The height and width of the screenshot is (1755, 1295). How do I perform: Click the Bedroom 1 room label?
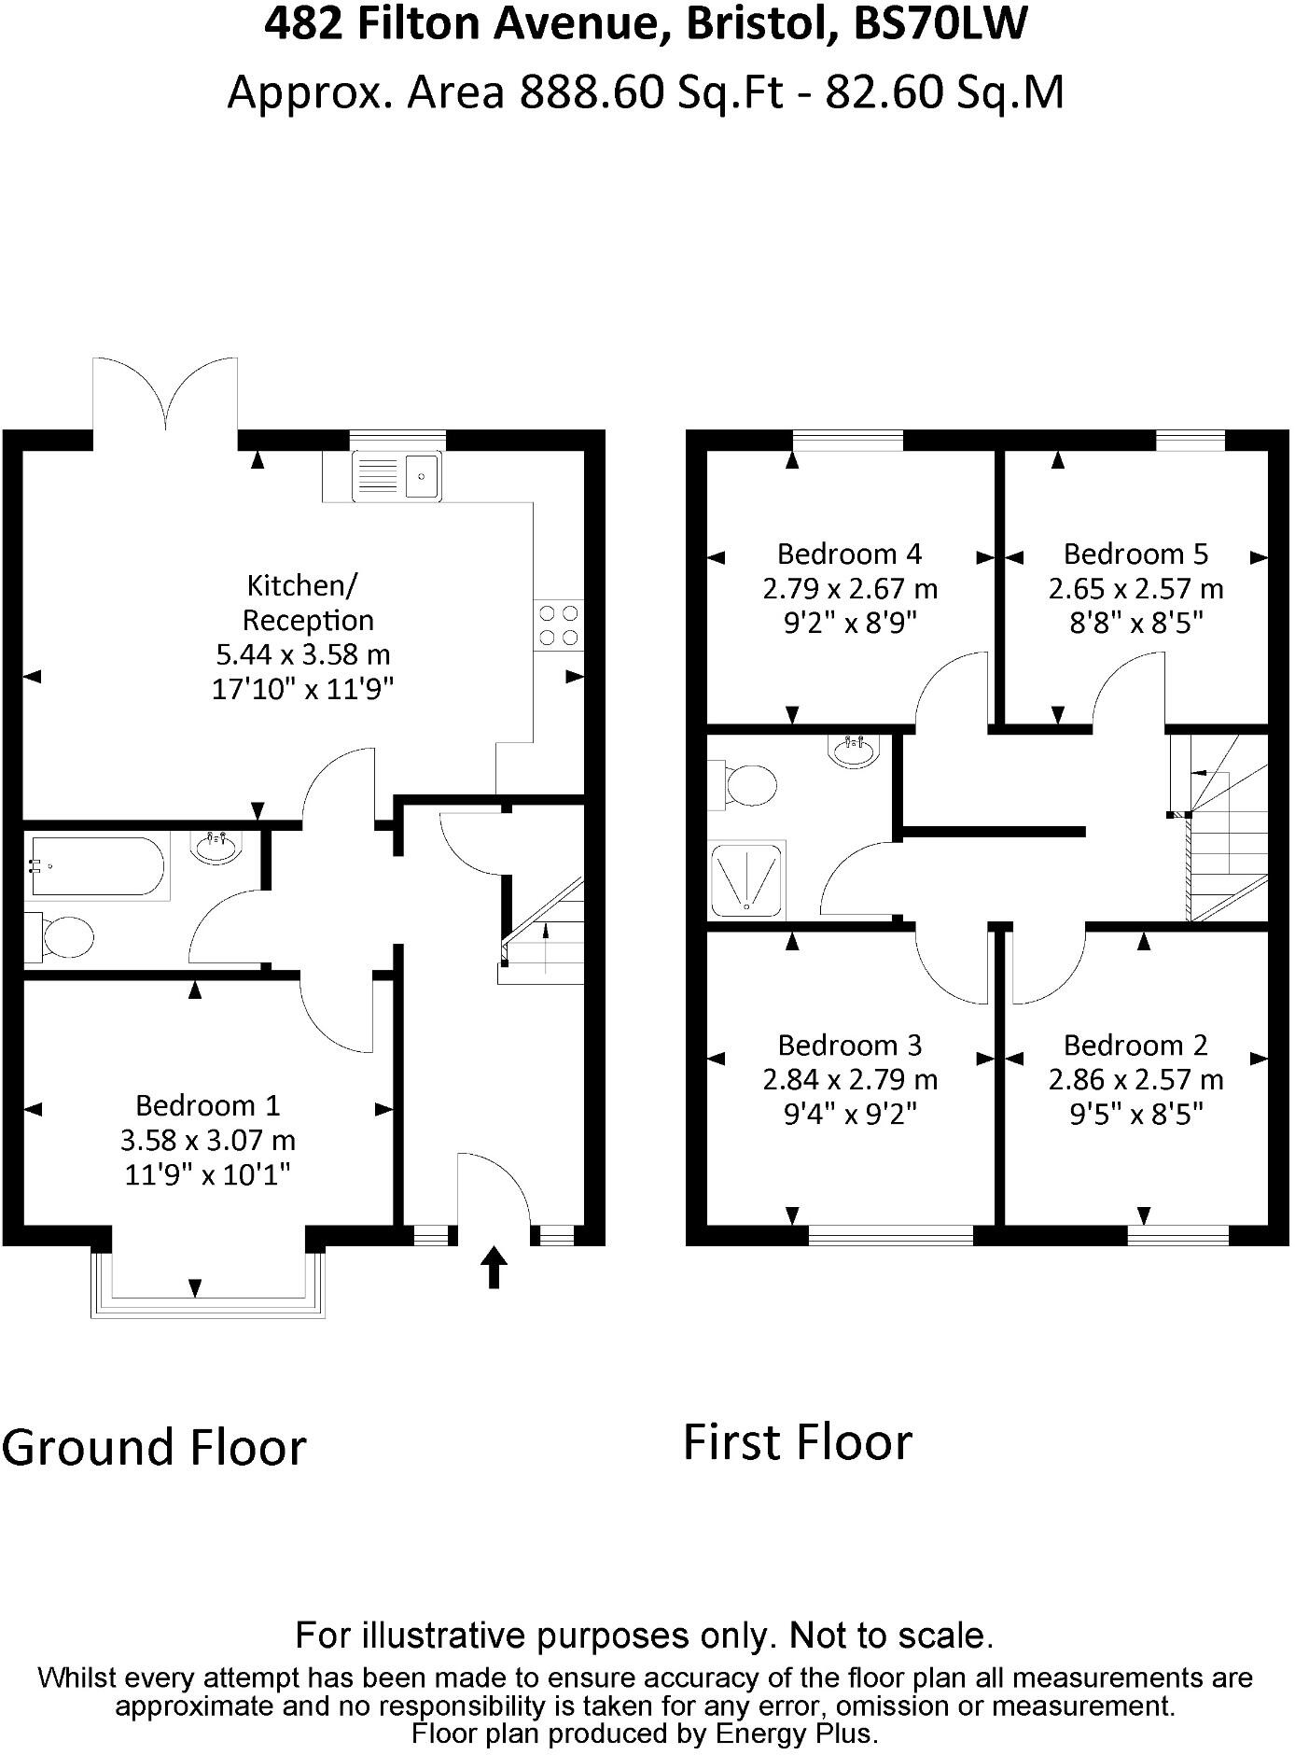(x=207, y=1105)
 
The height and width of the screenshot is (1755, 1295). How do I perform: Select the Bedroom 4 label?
(x=849, y=554)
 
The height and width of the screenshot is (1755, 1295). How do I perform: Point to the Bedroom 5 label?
(x=1135, y=554)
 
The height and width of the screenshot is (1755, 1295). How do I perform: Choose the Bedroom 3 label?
(x=849, y=1045)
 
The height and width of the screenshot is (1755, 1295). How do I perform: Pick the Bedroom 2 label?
(x=1135, y=1045)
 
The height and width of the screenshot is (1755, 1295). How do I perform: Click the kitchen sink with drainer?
(x=397, y=476)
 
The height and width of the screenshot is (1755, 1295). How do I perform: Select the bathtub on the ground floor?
(x=97, y=866)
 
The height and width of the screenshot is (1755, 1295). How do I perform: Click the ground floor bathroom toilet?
(x=63, y=937)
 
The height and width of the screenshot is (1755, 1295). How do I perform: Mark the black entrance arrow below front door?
(x=494, y=1269)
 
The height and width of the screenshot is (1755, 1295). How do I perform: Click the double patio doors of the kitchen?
(x=166, y=397)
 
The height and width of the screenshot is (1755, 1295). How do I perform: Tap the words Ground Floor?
(x=155, y=1448)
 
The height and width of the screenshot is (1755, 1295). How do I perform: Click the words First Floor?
(x=798, y=1442)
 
